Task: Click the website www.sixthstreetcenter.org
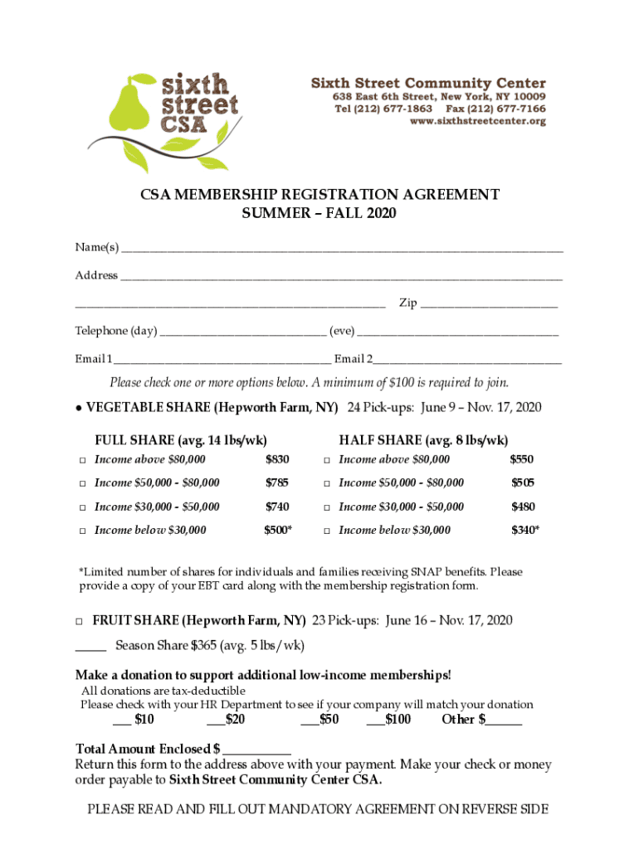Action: (x=477, y=121)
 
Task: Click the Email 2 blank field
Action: (x=467, y=360)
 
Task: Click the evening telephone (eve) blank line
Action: (x=457, y=332)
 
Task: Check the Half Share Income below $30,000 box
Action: (x=328, y=531)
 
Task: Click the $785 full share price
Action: (x=277, y=483)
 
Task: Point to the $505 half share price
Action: (x=523, y=483)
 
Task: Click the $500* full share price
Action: (x=278, y=530)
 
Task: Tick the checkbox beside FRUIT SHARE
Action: (x=80, y=621)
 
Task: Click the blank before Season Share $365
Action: (x=90, y=646)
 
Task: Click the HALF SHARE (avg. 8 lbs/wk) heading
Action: (x=423, y=439)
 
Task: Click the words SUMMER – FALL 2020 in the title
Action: (x=319, y=214)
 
